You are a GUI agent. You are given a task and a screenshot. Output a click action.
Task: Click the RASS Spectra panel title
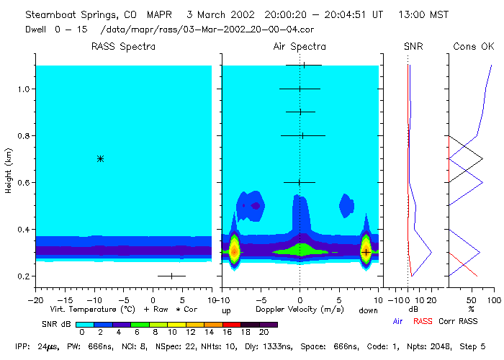click(x=123, y=47)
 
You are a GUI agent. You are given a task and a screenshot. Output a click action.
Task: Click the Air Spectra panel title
click(x=300, y=47)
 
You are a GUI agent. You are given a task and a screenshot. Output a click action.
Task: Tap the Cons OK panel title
click(x=473, y=47)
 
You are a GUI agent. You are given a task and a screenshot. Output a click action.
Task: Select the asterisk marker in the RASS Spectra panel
click(x=100, y=158)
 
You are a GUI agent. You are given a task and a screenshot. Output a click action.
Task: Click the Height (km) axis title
click(x=9, y=171)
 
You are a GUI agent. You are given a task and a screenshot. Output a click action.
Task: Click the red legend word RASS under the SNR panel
click(x=424, y=321)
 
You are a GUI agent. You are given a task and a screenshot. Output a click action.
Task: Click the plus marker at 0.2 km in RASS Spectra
click(x=171, y=276)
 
